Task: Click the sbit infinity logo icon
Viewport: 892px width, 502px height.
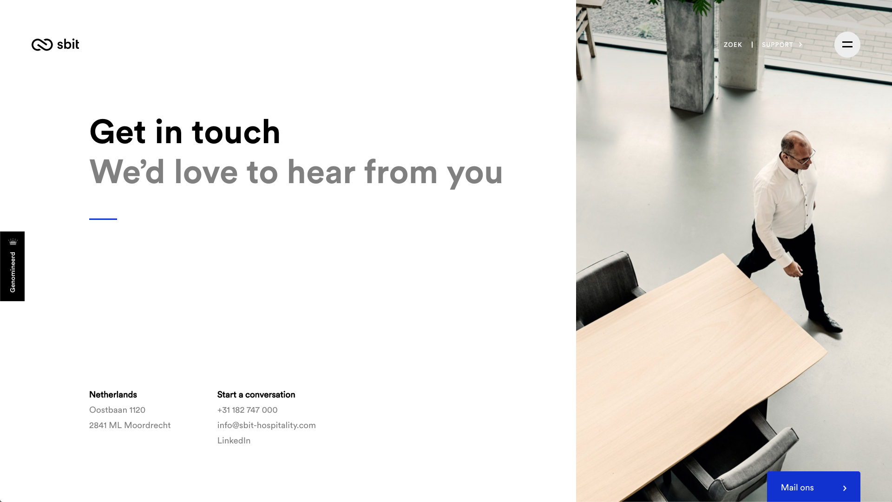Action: [x=42, y=45]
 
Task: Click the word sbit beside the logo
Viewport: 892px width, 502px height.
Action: [x=68, y=44]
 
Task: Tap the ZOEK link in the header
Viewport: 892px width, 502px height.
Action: [x=733, y=45]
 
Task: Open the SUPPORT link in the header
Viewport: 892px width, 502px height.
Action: [x=782, y=45]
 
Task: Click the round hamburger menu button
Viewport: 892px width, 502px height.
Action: [x=847, y=45]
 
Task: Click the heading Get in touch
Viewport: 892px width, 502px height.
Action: [x=184, y=132]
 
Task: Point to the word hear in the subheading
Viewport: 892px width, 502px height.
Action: [x=321, y=172]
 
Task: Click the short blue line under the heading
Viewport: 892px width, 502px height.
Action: [x=103, y=219]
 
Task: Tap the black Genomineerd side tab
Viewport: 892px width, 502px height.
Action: [x=12, y=266]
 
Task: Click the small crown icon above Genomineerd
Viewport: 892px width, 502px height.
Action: [x=13, y=242]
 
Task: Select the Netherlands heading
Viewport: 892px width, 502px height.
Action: [x=113, y=395]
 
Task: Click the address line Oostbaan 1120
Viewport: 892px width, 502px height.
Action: [x=117, y=410]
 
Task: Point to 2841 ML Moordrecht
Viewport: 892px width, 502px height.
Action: [x=130, y=425]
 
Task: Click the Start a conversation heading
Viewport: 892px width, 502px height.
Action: [x=256, y=395]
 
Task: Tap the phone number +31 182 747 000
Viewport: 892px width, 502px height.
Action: [x=247, y=410]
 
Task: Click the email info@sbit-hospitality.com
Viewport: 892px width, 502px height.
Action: [x=266, y=425]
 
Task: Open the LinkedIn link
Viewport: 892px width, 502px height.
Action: [x=234, y=441]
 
